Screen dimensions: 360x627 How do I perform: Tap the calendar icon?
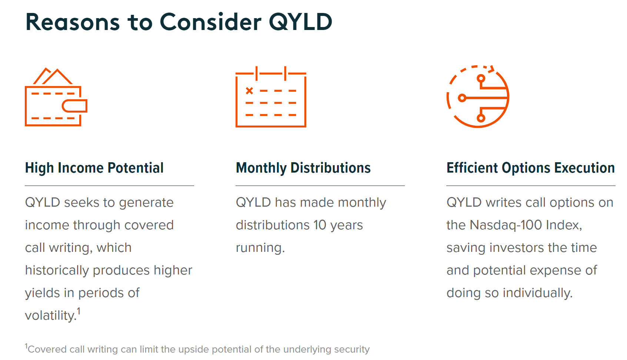click(x=271, y=97)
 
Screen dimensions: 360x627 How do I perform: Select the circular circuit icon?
click(x=478, y=97)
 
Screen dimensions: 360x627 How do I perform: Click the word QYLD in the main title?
click(x=300, y=22)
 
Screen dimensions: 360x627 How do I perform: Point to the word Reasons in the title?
click(x=73, y=22)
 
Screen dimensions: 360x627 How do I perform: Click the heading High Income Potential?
click(x=94, y=168)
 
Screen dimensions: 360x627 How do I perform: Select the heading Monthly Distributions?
click(x=303, y=168)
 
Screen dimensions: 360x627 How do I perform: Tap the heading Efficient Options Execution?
click(x=530, y=168)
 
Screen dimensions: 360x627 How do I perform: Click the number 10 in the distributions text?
click(x=320, y=225)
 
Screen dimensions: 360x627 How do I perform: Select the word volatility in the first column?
click(x=50, y=316)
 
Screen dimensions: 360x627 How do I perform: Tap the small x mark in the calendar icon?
click(x=249, y=91)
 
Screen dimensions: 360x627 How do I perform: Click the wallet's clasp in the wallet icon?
click(x=74, y=106)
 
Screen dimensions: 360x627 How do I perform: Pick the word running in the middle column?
click(x=260, y=248)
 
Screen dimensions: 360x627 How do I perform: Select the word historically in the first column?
click(x=57, y=270)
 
